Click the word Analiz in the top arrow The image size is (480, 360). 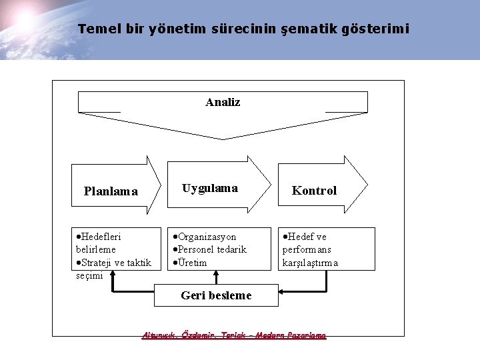(x=223, y=103)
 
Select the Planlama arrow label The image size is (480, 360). (x=111, y=191)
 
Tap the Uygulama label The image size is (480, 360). (x=210, y=188)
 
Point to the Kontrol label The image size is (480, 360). (x=314, y=191)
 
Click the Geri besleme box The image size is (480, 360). (x=216, y=295)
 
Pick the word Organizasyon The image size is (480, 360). (x=207, y=237)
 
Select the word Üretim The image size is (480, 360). (x=192, y=263)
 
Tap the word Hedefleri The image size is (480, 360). (x=101, y=237)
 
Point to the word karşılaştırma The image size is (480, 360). (x=310, y=263)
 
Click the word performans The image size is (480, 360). (x=307, y=249)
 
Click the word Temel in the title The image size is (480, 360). (x=94, y=29)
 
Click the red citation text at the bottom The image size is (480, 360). (x=234, y=335)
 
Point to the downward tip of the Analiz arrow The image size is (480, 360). (x=223, y=139)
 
